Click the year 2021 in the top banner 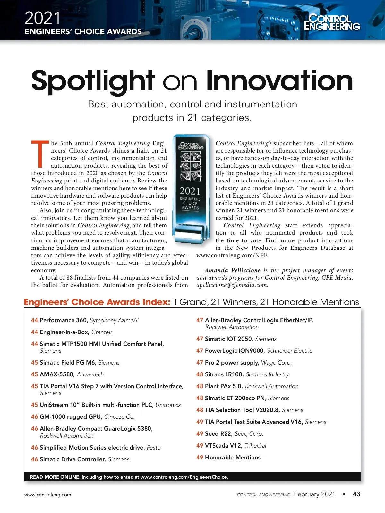42,18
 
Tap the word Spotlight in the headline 93,81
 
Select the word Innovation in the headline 279,81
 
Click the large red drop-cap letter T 40,154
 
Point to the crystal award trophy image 191,189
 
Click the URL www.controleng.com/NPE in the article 233,255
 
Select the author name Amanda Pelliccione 232,270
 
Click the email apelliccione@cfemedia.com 232,285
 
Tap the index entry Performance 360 64,320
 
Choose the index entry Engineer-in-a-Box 64,332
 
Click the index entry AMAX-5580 57,374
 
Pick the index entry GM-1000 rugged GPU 71,417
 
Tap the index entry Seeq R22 218,434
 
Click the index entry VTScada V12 224,446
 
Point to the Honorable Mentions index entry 233,458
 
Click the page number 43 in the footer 356,494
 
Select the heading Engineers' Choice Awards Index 97,302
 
